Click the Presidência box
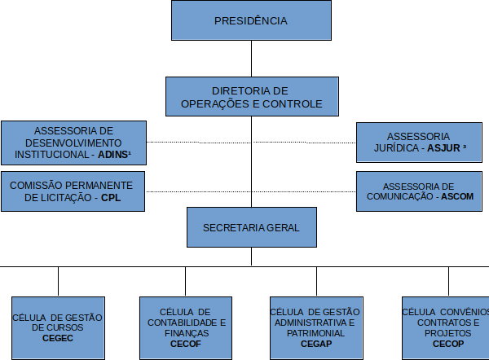(250, 20)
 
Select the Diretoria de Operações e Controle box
(250, 97)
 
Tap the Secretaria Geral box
(250, 227)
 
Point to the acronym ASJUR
(442, 149)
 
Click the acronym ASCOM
(454, 197)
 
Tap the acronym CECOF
(186, 344)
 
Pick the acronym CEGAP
(315, 344)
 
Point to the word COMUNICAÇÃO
(397, 197)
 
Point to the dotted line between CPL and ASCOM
(249, 191)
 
